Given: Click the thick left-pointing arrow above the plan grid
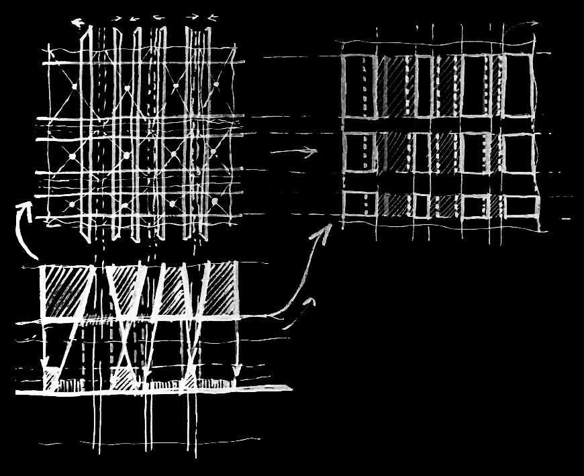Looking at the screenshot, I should coord(78,24).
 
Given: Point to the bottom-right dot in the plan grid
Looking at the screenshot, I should coord(215,201).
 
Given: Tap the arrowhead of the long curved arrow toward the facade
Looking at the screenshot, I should coord(327,230).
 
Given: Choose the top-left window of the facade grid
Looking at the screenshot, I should coord(358,87).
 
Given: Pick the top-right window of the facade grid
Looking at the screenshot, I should coord(517,87).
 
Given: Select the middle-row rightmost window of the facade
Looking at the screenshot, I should coord(518,153).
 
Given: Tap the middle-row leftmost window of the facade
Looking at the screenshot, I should coord(358,153).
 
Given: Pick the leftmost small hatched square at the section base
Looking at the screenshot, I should coord(51,381).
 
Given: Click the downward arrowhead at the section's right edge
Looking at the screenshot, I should coord(236,369).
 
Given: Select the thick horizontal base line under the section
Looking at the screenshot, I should coord(154,389).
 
